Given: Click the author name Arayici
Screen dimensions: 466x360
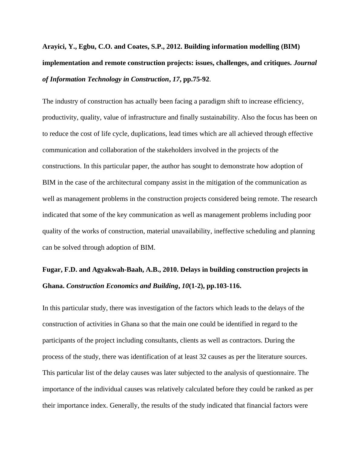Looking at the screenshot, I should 53,47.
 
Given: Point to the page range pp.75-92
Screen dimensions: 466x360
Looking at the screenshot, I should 196,79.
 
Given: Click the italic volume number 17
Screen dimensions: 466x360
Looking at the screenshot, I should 176,79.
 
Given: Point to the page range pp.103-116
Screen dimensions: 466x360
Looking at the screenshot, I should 224,286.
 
